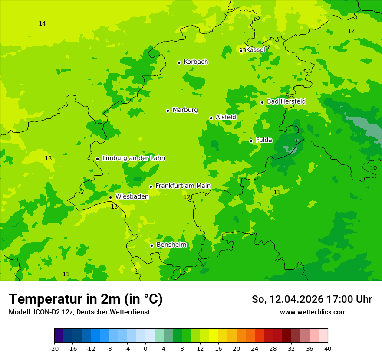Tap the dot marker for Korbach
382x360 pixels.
(179, 62)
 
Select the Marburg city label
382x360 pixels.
(185, 110)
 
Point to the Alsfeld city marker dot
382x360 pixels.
(211, 118)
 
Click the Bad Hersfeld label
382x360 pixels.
(286, 101)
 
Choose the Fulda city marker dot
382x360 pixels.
(251, 141)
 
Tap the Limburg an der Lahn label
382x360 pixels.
(133, 158)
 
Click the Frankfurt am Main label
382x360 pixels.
(183, 186)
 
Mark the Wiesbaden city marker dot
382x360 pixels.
(110, 197)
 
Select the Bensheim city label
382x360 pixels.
(171, 245)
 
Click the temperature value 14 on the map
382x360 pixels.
(42, 23)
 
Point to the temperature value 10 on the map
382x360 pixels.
(373, 168)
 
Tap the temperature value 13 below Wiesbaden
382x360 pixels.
(114, 207)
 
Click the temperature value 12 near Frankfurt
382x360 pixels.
(187, 197)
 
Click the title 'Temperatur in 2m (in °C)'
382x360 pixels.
(86, 299)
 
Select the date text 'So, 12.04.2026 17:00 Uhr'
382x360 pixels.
(312, 299)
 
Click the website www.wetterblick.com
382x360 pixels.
(313, 312)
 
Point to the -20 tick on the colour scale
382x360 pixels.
(54, 348)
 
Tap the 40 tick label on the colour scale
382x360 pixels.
(327, 348)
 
